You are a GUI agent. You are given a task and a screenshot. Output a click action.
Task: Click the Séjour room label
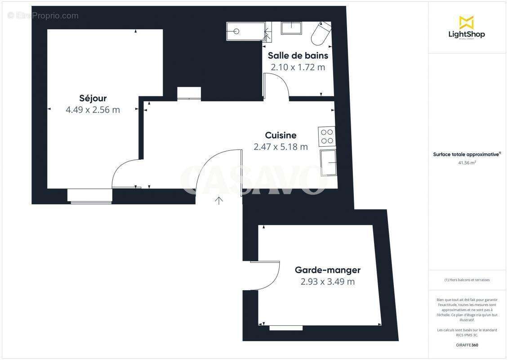pyautogui.click(x=93, y=98)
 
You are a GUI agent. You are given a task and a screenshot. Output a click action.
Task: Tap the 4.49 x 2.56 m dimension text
pyautogui.click(x=93, y=110)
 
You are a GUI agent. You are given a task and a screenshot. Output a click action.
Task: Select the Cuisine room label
pyautogui.click(x=281, y=135)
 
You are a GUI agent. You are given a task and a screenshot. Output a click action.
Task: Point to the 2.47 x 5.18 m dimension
pyautogui.click(x=281, y=147)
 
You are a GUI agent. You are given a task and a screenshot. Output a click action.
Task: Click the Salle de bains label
pyautogui.click(x=298, y=56)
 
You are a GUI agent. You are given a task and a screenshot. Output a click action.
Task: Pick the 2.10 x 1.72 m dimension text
pyautogui.click(x=298, y=67)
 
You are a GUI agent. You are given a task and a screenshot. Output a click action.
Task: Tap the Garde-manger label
pyautogui.click(x=327, y=270)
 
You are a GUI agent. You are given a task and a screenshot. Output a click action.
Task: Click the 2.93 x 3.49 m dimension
pyautogui.click(x=327, y=282)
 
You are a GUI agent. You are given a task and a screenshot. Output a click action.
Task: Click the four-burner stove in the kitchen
pyautogui.click(x=327, y=136)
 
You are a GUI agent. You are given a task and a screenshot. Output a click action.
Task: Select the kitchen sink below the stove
pyautogui.click(x=328, y=163)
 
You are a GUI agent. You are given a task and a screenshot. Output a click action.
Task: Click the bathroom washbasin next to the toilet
pyautogui.click(x=293, y=27)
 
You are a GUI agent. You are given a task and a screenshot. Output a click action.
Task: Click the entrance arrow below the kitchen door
pyautogui.click(x=219, y=200)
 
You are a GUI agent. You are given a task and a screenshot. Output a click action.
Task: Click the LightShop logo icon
pyautogui.click(x=466, y=22)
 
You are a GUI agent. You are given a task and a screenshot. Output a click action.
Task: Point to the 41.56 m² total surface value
pyautogui.click(x=467, y=163)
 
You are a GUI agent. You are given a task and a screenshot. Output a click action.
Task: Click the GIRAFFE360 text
pyautogui.click(x=467, y=344)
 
